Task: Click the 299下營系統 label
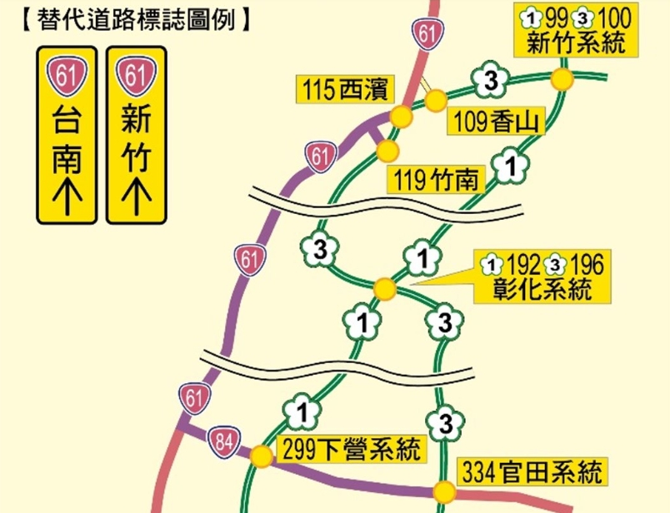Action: pyautogui.click(x=352, y=450)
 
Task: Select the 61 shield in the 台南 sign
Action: pyautogui.click(x=66, y=76)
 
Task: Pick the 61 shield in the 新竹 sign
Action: pyautogui.click(x=136, y=76)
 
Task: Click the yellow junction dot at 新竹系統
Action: pyautogui.click(x=562, y=80)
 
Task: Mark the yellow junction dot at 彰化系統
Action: pyautogui.click(x=384, y=289)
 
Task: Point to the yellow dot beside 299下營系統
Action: pyautogui.click(x=262, y=456)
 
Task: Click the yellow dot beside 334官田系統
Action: pyautogui.click(x=445, y=491)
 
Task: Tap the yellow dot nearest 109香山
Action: pyautogui.click(x=435, y=101)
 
